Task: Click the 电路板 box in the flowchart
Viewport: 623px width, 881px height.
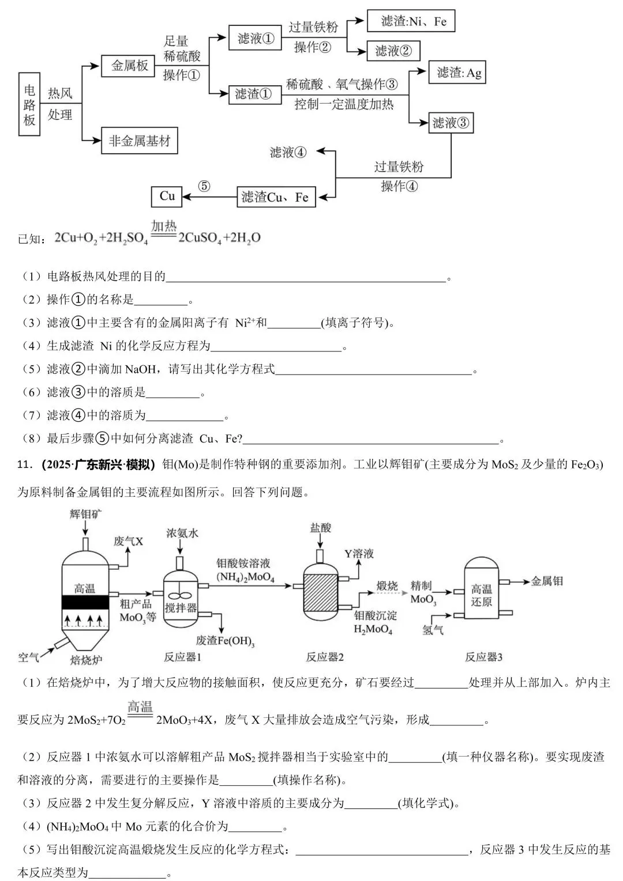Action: (x=29, y=104)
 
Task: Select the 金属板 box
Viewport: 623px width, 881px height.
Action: (x=129, y=66)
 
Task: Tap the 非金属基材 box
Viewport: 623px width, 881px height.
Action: (x=139, y=141)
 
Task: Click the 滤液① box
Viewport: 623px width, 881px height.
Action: (x=254, y=38)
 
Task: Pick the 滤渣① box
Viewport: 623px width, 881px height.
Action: (x=253, y=94)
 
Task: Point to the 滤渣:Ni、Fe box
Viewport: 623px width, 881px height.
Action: (x=411, y=21)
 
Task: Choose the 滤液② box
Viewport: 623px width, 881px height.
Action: (x=393, y=51)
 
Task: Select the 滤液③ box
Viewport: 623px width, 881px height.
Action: (x=451, y=123)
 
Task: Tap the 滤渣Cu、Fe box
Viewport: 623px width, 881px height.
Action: (x=275, y=197)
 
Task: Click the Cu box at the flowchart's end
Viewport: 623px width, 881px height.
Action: (x=167, y=196)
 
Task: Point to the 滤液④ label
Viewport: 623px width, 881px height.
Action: (x=288, y=153)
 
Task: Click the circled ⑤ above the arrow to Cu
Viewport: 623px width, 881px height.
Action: (x=204, y=186)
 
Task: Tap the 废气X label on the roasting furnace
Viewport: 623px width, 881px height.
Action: (x=128, y=541)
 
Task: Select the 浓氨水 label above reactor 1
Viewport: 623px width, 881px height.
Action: (x=182, y=533)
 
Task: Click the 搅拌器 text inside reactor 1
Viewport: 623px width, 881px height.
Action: (x=181, y=608)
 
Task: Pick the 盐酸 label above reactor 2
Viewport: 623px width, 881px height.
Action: (x=321, y=527)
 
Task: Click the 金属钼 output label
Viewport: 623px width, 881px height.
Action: (x=546, y=581)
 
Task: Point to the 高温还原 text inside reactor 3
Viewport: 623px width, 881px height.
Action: (x=482, y=595)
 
